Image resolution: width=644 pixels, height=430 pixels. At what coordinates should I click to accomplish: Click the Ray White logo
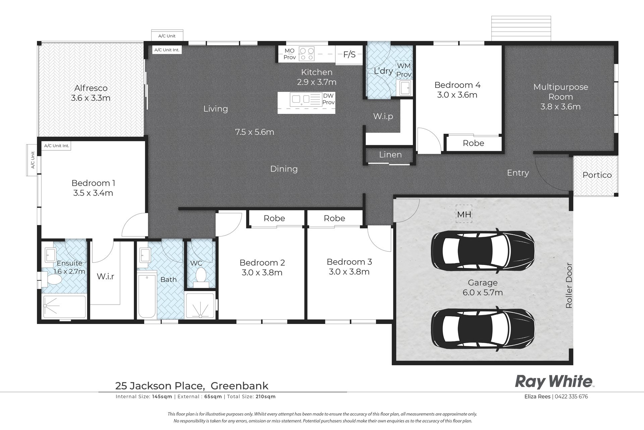coord(554,382)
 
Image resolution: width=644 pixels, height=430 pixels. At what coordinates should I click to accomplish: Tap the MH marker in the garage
coord(464,214)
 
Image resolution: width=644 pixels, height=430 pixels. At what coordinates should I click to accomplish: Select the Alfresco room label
coord(91,88)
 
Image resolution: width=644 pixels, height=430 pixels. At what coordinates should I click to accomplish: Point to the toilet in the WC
coord(201,276)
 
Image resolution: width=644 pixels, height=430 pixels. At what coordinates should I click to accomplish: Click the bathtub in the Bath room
coord(147,295)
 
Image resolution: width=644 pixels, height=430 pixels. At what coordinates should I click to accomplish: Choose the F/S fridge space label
coord(349,54)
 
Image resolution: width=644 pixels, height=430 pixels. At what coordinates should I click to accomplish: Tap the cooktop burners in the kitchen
coord(307,54)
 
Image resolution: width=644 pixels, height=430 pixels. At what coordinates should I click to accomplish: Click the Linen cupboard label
coord(390,155)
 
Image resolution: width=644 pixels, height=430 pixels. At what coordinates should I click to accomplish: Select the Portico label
coord(597,175)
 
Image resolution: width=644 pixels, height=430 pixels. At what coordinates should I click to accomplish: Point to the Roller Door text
coord(569,286)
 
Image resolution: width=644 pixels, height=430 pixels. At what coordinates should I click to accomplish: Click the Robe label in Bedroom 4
coord(473,143)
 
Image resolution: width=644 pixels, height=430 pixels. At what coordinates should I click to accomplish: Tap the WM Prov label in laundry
coord(404,70)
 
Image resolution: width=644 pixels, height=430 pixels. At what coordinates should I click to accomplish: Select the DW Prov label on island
coord(328,99)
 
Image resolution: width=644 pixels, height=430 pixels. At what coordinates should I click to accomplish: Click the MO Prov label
coord(289,54)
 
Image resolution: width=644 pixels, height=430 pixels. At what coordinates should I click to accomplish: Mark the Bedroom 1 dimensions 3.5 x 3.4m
coord(93,193)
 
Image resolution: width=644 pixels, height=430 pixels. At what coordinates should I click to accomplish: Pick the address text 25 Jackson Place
coord(160,386)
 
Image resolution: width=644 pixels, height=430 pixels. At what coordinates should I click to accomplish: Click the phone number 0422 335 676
coord(571,396)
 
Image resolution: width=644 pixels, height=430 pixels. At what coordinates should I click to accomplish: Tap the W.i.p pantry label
coord(383,116)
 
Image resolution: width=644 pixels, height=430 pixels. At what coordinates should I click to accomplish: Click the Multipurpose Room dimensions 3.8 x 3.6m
coord(560,107)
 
